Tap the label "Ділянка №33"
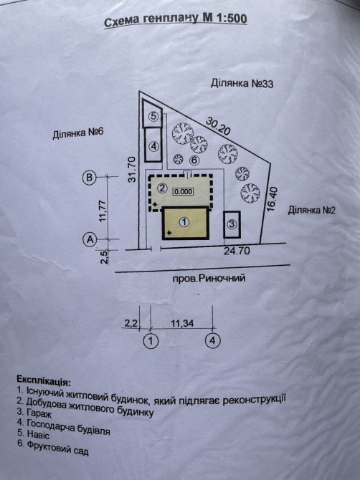pos(242,83)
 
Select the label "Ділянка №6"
pos(78,133)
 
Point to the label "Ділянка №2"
pos(311,211)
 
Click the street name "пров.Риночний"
pos(209,278)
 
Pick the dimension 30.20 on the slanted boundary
pos(218,125)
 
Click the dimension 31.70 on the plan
pos(132,169)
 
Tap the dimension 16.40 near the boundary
pos(272,199)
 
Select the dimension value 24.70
pos(237,251)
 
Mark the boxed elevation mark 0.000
pos(184,191)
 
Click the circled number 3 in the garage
pos(232,224)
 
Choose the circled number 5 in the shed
pos(153,116)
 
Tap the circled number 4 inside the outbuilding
pos(153,147)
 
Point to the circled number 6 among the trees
pos(194,160)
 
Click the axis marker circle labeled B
pos(90,177)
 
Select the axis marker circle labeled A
pos(90,239)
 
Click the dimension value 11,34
pos(182,323)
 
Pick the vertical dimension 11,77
pos(103,211)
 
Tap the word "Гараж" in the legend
pos(39,413)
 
